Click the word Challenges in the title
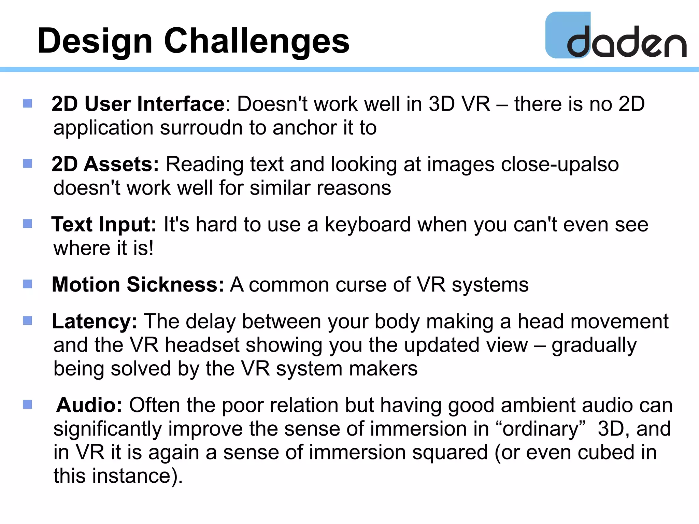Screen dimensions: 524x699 click(257, 41)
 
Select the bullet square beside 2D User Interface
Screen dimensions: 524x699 click(28, 103)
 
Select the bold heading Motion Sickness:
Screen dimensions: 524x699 click(138, 284)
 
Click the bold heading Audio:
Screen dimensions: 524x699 click(89, 405)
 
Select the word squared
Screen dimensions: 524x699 click(450, 453)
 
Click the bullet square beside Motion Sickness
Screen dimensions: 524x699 click(28, 284)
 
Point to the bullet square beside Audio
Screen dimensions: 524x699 click(28, 405)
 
